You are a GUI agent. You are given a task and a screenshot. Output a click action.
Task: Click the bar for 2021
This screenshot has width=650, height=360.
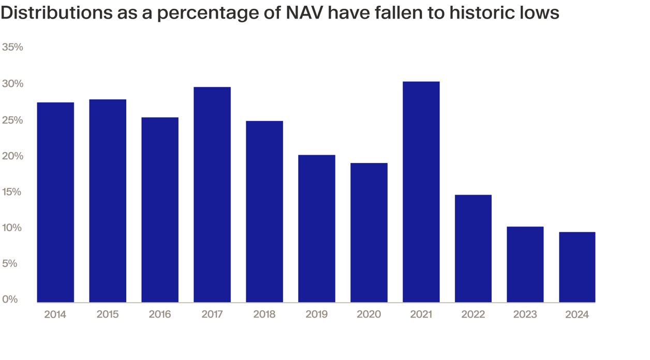coord(421,192)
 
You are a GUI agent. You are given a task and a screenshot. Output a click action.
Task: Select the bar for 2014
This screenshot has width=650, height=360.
coord(55,202)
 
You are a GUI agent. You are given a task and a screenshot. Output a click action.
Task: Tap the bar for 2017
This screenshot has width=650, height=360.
coord(212,194)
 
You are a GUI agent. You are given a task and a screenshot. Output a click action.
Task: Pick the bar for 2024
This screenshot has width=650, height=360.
coord(577,267)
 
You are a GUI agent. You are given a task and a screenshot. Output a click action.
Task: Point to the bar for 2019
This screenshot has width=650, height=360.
coord(317,229)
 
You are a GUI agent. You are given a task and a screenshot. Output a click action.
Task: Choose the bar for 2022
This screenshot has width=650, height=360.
coord(473,248)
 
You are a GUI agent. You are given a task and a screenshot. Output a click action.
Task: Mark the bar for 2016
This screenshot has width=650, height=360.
coord(160,209)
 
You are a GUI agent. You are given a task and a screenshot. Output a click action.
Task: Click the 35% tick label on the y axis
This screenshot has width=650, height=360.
coord(12,47)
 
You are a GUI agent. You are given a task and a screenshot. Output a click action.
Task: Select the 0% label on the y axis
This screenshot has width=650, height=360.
coord(10,299)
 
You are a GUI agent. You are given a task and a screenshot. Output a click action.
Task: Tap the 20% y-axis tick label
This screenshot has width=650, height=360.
coord(12,156)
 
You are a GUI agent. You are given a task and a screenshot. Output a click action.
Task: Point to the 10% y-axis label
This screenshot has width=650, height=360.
coord(12,228)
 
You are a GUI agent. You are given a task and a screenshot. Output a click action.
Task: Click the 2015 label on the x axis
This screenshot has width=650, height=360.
coord(108,314)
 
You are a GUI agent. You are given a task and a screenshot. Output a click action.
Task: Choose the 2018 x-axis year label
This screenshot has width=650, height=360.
coord(264,314)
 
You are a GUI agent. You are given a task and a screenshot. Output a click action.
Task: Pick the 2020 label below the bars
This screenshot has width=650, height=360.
coord(368,314)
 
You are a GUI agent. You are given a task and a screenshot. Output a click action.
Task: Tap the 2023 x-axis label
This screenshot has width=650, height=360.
coord(525,314)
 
